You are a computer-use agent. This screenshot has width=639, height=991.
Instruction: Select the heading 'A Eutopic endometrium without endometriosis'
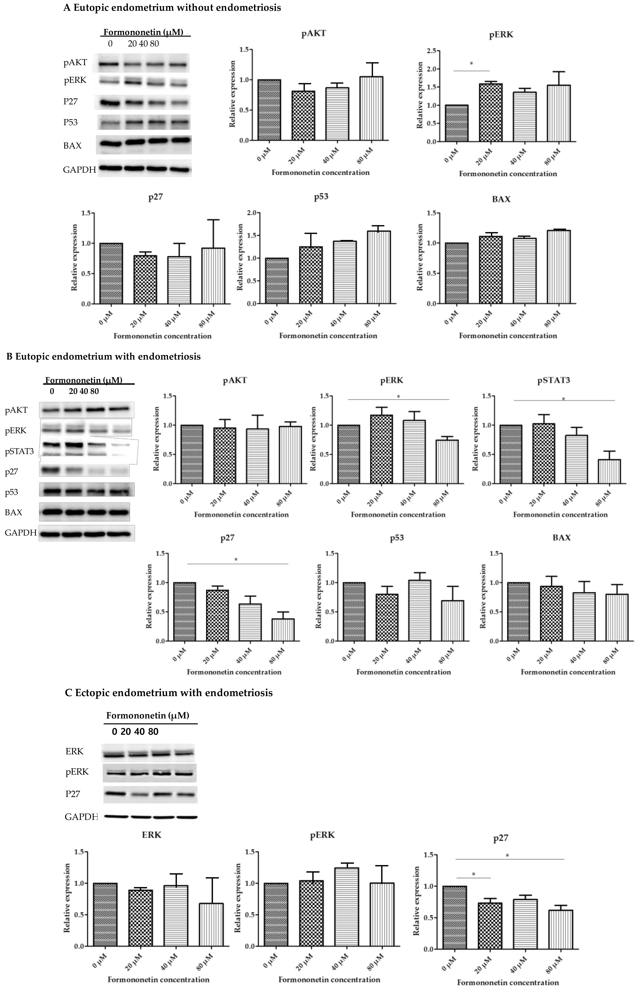(172, 7)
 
